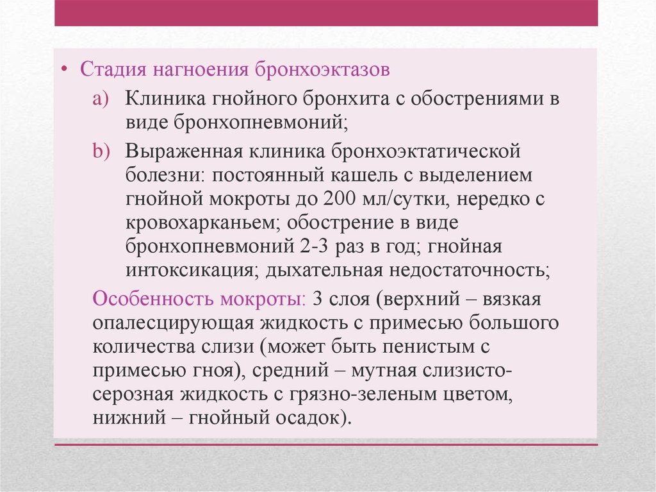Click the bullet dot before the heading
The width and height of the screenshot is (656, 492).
click(64, 69)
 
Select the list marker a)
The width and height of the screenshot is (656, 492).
click(101, 99)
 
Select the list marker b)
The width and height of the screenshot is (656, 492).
click(101, 151)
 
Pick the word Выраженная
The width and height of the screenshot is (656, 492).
click(184, 151)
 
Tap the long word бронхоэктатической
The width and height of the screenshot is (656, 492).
click(425, 151)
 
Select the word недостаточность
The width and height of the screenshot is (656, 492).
click(470, 271)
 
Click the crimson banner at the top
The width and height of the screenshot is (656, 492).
click(326, 13)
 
